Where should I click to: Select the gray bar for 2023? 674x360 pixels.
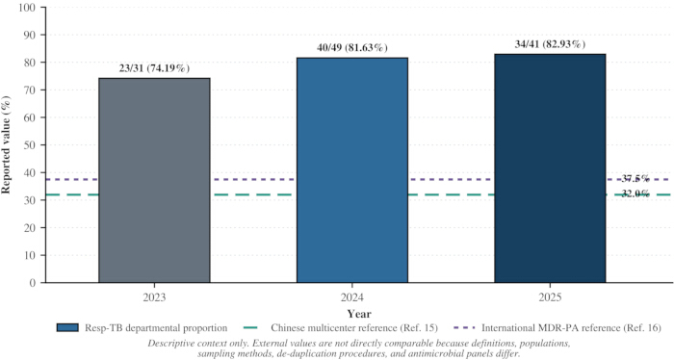[x=154, y=180]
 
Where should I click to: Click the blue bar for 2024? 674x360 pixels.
[x=352, y=170]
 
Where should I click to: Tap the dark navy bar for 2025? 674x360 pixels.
[x=550, y=168]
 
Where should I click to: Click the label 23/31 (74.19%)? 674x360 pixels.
[x=154, y=68]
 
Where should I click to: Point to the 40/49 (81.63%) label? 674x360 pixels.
[x=352, y=48]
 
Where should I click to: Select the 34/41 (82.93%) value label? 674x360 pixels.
[x=550, y=44]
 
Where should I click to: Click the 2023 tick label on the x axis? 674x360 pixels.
[x=154, y=297]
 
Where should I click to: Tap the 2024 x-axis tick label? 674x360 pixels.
[x=352, y=297]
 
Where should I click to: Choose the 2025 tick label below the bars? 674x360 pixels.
[x=550, y=297]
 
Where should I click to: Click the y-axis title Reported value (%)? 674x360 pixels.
[x=6, y=144]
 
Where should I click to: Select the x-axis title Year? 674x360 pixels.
[x=359, y=314]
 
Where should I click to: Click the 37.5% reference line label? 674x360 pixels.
[x=635, y=179]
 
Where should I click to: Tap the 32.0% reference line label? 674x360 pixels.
[x=635, y=194]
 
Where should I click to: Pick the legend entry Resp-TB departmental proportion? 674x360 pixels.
[x=142, y=328]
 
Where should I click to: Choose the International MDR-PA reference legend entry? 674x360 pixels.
[x=557, y=328]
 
